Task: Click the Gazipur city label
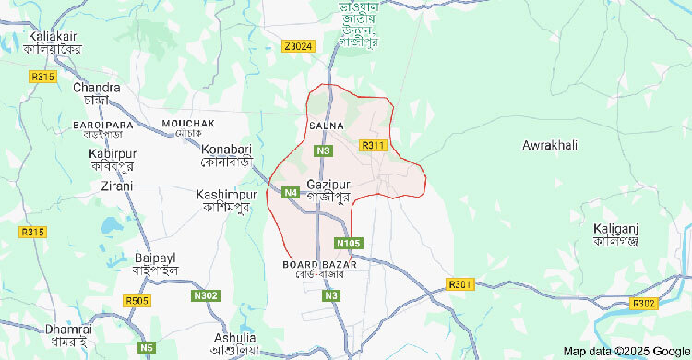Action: tap(328, 184)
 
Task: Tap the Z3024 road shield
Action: tap(299, 46)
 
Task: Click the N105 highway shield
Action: tap(349, 243)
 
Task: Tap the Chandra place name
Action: tap(90, 88)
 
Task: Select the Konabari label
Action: tap(227, 149)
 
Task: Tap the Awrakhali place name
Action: tap(549, 146)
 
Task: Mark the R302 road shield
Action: tap(644, 303)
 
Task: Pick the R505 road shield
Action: tap(136, 301)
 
